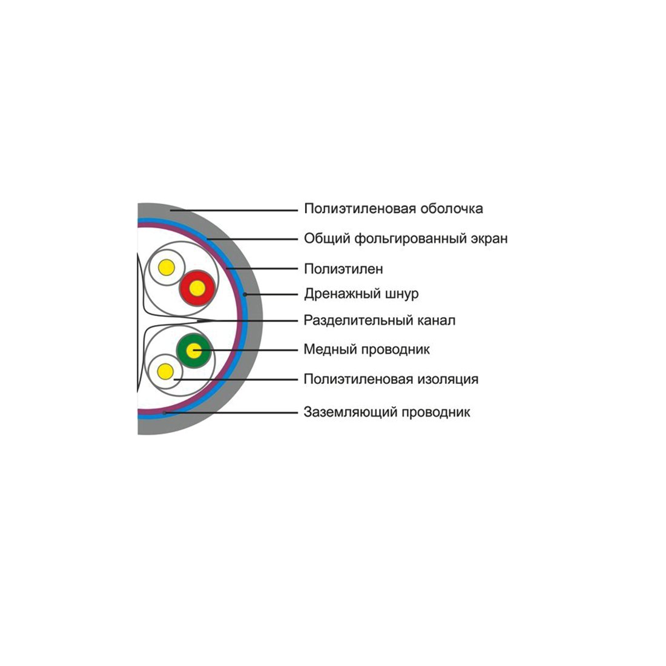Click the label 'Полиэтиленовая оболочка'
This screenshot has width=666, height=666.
[394, 209]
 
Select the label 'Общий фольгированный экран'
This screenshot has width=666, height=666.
[406, 239]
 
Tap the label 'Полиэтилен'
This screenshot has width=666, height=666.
[344, 269]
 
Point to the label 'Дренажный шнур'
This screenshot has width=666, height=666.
[361, 294]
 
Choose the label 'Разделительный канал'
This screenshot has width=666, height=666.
[379, 320]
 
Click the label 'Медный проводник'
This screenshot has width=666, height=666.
[366, 349]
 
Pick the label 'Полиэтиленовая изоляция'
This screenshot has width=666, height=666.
[391, 379]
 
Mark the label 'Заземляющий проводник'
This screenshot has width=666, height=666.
[386, 412]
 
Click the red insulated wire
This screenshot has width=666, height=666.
[197, 288]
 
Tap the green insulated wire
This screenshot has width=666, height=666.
[194, 351]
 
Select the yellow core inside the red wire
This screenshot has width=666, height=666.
[197, 288]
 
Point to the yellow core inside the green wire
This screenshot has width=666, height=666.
[194, 351]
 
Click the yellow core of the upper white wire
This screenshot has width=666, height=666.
[166, 268]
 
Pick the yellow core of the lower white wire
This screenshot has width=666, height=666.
[165, 371]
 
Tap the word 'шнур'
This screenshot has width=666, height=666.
[401, 294]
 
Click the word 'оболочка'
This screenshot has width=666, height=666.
[452, 209]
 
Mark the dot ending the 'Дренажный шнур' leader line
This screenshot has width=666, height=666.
[245, 294]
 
